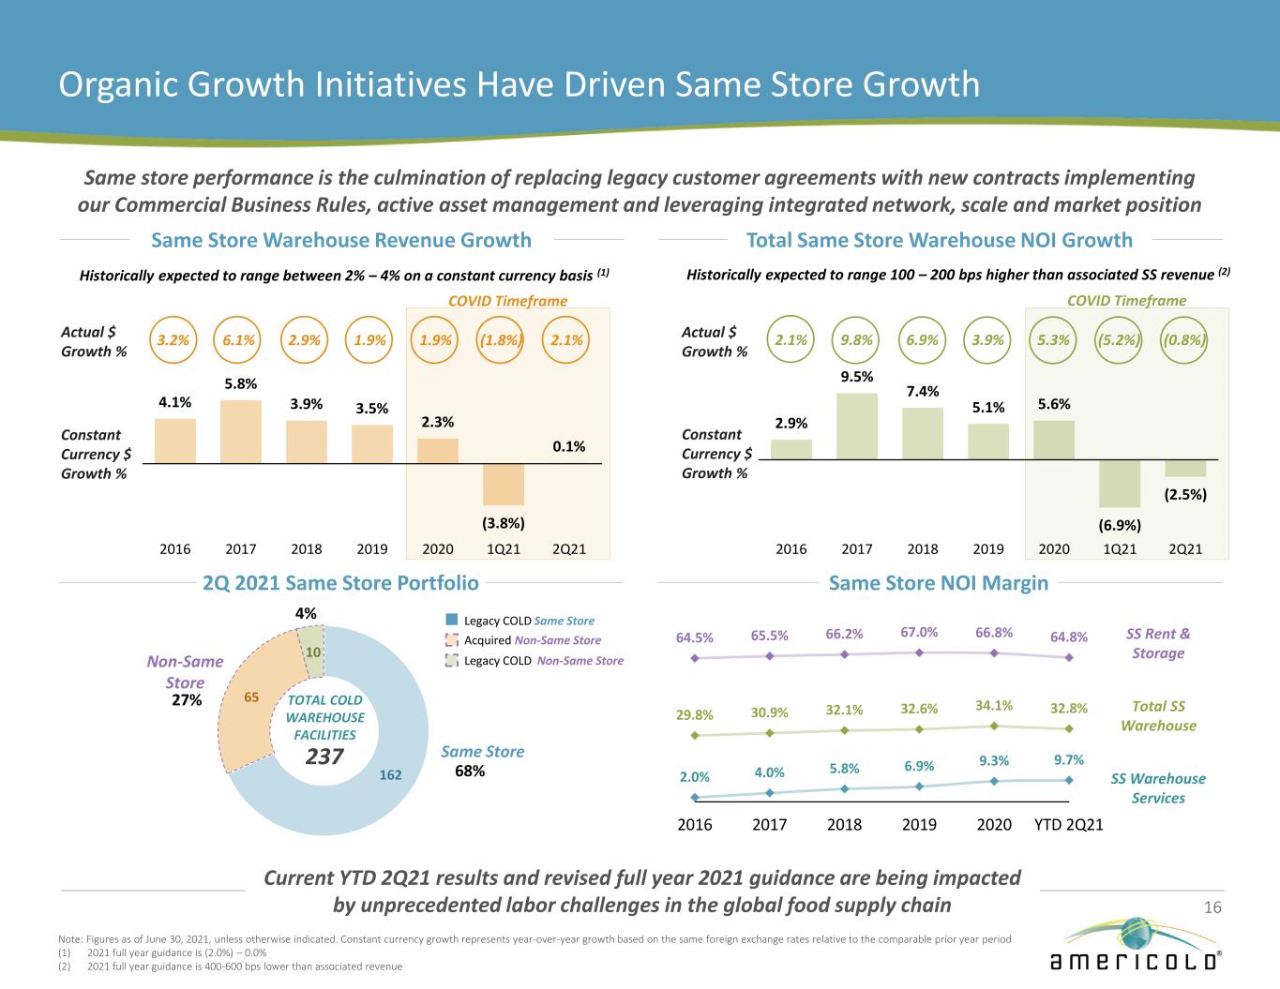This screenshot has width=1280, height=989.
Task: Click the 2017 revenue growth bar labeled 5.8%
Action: [241, 432]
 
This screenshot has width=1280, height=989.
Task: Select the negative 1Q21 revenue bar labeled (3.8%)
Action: [504, 485]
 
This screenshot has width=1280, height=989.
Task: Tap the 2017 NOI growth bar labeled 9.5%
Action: [857, 427]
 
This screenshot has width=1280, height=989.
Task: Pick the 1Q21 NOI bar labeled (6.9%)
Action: [1120, 484]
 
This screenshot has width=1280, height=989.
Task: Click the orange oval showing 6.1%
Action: [239, 340]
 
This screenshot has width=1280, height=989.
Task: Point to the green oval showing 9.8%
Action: [857, 340]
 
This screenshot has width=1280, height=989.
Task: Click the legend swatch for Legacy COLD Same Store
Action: [452, 621]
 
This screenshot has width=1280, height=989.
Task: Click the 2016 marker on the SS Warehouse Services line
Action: [695, 798]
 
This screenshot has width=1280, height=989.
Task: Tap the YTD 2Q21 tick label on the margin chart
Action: [1068, 825]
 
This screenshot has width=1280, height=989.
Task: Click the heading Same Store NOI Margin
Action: [939, 583]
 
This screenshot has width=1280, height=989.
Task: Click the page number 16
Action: [1212, 907]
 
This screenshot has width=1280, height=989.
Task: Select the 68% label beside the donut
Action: [470, 772]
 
